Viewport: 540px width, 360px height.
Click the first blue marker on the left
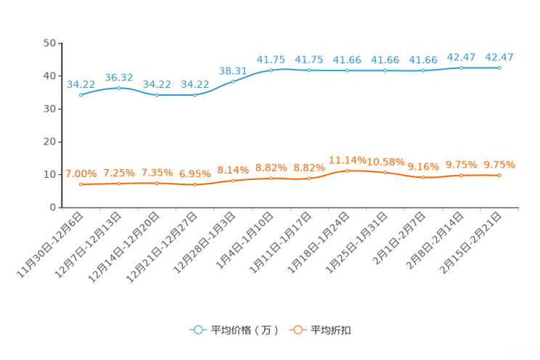(81, 95)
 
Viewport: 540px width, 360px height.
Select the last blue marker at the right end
(499, 67)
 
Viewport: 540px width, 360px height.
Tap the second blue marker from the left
(119, 87)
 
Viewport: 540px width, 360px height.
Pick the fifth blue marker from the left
(233, 81)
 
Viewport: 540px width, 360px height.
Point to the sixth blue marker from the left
(271, 70)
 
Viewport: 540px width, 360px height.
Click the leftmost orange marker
(81, 184)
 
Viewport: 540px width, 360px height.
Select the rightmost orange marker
(499, 175)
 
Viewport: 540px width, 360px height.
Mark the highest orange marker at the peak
(347, 170)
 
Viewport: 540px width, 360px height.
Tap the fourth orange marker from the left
(195, 185)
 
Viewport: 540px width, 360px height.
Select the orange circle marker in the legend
(297, 330)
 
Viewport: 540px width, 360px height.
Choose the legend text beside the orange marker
(332, 330)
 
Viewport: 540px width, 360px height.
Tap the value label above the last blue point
(499, 57)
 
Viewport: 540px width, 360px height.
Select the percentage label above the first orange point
(81, 173)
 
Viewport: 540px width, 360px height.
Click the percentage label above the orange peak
(347, 159)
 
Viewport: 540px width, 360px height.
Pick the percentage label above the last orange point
(499, 165)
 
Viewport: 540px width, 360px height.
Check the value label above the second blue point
(119, 76)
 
